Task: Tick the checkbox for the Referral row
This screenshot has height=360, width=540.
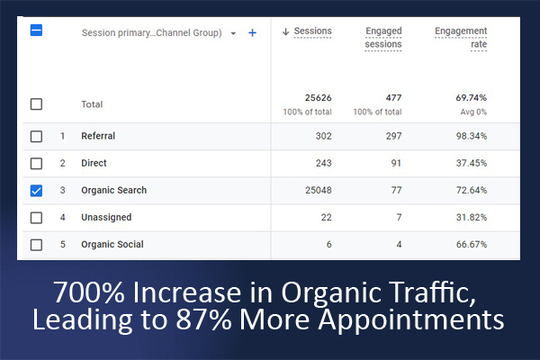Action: tap(36, 137)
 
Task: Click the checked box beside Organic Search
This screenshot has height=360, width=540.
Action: tap(36, 191)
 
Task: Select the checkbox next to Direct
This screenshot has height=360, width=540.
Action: tap(36, 164)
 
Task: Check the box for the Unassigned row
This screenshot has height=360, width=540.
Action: tap(36, 218)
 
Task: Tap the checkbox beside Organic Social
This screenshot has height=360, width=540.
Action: tap(36, 245)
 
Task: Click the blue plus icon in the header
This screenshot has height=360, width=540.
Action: tap(252, 33)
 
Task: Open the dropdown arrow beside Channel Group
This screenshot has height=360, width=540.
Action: tap(233, 33)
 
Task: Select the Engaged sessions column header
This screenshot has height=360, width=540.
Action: tap(383, 38)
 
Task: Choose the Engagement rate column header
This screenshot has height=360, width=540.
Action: tap(461, 38)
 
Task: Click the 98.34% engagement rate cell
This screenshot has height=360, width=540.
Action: tap(468, 137)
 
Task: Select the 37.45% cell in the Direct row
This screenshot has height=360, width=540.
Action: tap(468, 164)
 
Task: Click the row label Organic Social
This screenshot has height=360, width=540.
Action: tap(112, 245)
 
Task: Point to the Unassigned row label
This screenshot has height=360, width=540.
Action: tap(106, 218)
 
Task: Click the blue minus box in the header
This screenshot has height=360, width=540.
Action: tap(36, 31)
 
